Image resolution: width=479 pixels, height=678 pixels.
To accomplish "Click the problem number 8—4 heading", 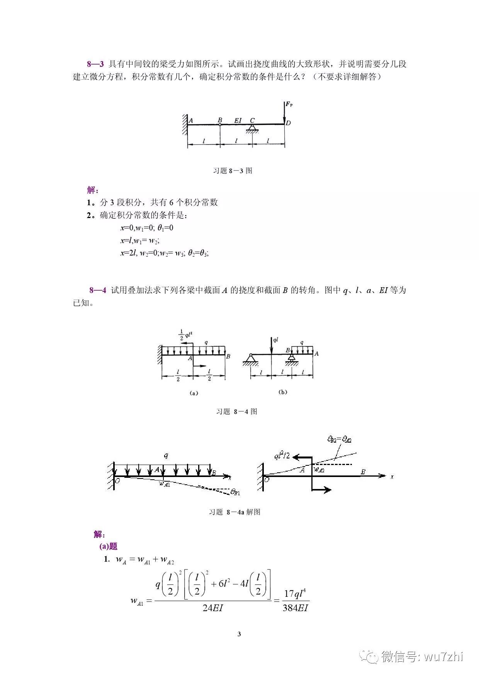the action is point(97,290).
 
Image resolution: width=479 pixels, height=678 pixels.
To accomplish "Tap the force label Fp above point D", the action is point(289,104).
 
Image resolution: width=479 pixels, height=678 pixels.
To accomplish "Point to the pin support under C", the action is point(253,128).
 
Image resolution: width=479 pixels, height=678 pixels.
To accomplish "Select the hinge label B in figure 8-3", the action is point(220,120).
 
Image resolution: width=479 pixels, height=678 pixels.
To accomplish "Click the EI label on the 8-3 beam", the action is point(238,120).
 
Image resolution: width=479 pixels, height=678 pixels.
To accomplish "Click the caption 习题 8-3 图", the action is point(233,170).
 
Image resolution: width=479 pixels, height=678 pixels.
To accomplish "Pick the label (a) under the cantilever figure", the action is point(194,393).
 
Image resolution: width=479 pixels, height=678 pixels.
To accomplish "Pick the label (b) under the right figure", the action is point(283,392).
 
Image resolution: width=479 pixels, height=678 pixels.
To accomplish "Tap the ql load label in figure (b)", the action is point(276,340).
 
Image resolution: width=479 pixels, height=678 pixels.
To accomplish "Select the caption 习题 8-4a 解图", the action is point(234,512).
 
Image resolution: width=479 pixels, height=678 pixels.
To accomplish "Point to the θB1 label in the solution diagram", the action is point(235,492).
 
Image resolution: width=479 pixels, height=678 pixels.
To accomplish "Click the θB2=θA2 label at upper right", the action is point(339,439).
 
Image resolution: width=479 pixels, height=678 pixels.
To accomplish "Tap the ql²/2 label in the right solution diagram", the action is point(282,457).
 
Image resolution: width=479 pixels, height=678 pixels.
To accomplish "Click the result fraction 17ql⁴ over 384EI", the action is point(295,601).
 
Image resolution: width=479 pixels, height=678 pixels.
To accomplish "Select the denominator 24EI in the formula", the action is point(213,608).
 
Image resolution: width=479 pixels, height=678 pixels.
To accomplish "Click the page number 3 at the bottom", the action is point(239,634).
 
